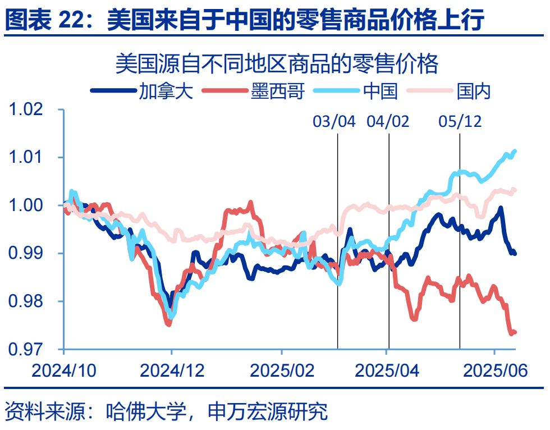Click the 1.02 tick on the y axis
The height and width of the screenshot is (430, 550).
33,109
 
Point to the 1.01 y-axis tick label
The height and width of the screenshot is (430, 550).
33,158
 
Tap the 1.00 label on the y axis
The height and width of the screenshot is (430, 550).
33,205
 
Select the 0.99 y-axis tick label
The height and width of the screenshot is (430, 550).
33,254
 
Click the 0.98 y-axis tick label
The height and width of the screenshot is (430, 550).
33,302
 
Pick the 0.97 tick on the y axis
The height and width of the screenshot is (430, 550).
33,350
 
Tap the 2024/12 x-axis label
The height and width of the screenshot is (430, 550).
172,370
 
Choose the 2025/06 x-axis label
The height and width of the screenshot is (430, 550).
494,370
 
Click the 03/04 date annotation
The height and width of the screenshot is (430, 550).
334,121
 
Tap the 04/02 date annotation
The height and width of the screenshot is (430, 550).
388,121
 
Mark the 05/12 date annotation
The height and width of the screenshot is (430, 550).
460,121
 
